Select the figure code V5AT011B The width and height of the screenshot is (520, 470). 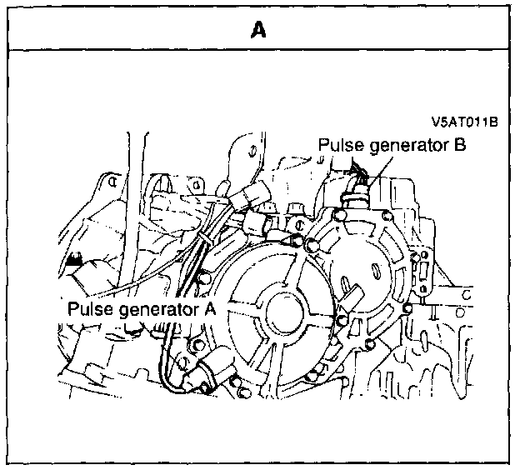click(x=464, y=122)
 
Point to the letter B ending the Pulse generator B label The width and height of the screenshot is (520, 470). click(x=459, y=145)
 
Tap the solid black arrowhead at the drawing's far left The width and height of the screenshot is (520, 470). click(x=76, y=259)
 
